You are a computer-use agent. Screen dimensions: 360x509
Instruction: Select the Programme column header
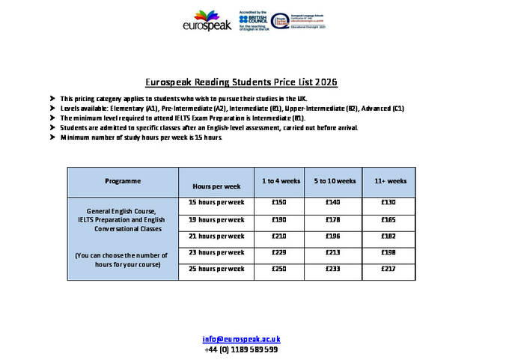pos(123,181)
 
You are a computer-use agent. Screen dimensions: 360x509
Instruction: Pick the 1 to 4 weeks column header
pos(281,181)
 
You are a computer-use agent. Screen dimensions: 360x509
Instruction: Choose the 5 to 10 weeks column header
pos(333,181)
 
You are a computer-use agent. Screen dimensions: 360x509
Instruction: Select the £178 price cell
pos(333,220)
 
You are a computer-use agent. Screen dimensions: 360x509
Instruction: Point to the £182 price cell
pos(388,237)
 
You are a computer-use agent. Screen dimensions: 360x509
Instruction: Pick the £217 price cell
pos(388,269)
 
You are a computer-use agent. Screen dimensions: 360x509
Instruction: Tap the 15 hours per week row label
pos(216,203)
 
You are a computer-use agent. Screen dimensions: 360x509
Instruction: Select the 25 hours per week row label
pos(216,269)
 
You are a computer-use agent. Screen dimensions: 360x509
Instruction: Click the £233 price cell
pos(333,269)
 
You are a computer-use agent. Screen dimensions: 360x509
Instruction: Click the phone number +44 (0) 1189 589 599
pos(241,349)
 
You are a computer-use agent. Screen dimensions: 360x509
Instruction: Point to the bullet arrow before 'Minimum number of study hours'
pos(52,138)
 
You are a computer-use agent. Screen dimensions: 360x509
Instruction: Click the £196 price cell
pos(333,237)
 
